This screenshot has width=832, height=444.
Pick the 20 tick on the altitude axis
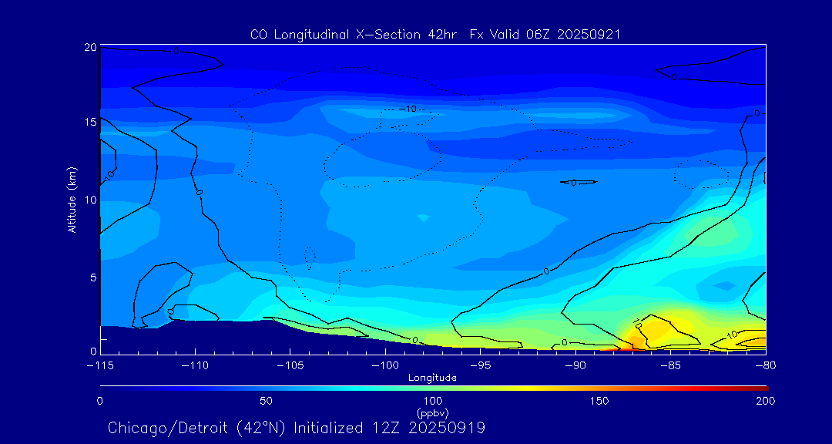(x=90, y=48)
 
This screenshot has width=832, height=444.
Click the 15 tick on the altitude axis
(x=90, y=123)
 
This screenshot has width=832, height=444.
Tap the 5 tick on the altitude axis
(x=92, y=277)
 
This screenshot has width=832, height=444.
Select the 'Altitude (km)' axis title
(x=72, y=199)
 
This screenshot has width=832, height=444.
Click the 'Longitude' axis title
(x=432, y=378)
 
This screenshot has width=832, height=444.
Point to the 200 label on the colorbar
(x=765, y=401)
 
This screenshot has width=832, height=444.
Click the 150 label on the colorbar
(x=599, y=401)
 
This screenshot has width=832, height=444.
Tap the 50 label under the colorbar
(x=266, y=401)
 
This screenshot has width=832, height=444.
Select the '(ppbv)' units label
(x=432, y=413)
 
